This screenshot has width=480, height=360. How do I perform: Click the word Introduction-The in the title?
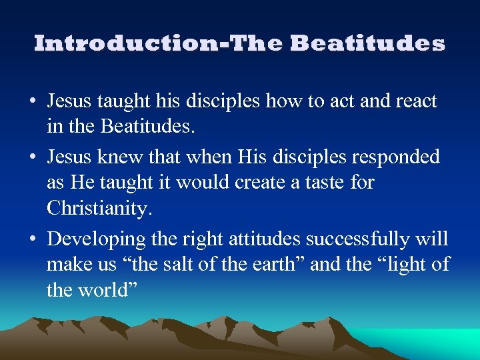click(x=159, y=43)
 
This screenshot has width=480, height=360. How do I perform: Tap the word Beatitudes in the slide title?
click(x=367, y=43)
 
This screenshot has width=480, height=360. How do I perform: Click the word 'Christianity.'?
click(x=100, y=208)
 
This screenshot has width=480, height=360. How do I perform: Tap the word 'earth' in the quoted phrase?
click(x=273, y=265)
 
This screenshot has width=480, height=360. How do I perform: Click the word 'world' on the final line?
click(x=105, y=291)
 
